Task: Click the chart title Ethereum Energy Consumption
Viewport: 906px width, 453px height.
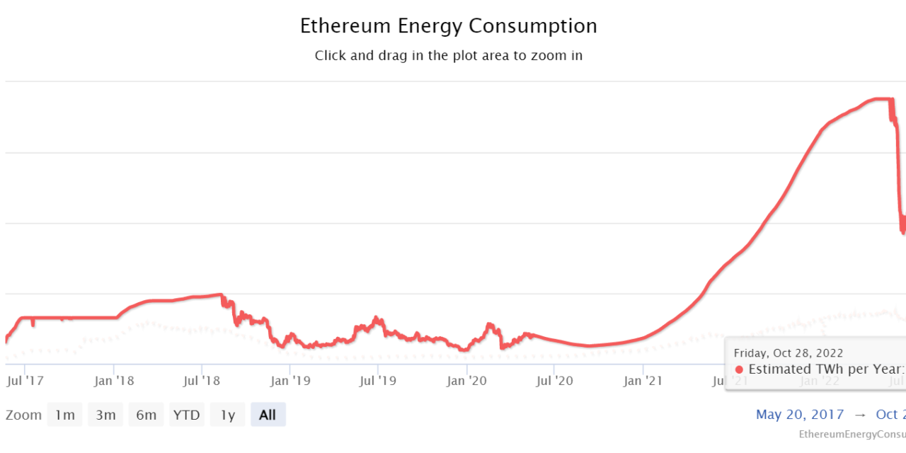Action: (x=448, y=26)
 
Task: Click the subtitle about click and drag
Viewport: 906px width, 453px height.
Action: (x=448, y=55)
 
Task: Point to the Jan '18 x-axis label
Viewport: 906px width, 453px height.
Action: (x=114, y=381)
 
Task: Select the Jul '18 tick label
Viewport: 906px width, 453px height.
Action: (x=202, y=381)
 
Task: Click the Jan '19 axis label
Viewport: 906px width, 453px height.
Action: (x=290, y=381)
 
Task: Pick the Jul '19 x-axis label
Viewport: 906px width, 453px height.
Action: (x=378, y=381)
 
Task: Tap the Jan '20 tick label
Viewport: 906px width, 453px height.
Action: (x=466, y=381)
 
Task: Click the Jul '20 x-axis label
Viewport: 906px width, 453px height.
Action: (x=554, y=381)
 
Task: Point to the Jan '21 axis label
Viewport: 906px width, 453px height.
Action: (x=643, y=381)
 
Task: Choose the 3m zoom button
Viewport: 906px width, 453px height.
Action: (x=105, y=415)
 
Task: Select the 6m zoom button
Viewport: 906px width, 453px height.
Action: (x=146, y=415)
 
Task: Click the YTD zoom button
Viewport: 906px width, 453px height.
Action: (x=186, y=415)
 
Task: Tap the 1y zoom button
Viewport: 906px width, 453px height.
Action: (x=227, y=415)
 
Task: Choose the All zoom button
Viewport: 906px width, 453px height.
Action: (x=268, y=415)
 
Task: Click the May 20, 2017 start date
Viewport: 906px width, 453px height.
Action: (x=800, y=415)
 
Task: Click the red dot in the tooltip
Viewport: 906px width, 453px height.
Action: (x=739, y=369)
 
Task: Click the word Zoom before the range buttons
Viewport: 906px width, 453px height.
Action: (x=23, y=415)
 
